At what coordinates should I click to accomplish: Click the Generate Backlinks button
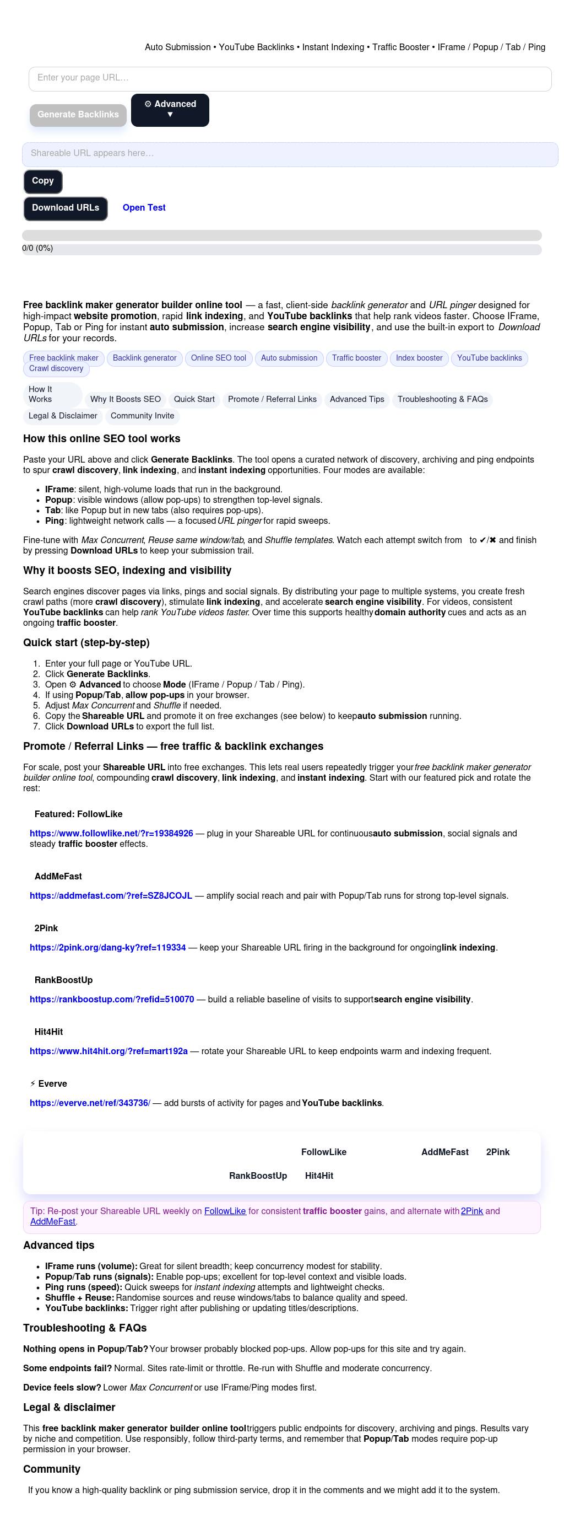coord(78,115)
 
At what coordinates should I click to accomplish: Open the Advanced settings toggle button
coord(170,110)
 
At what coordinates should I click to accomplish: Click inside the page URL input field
coord(290,78)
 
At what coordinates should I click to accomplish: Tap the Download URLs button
coord(66,208)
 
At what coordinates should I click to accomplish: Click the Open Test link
coord(144,208)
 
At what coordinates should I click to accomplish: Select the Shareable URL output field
coord(290,154)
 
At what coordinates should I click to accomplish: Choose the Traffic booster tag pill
coord(356,358)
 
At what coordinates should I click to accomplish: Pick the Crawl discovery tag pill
coord(56,369)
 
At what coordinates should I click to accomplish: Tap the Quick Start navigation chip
coord(194,399)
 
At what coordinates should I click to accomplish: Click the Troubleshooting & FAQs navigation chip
coord(442,399)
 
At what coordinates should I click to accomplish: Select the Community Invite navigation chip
coord(142,416)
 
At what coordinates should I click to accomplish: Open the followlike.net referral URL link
coord(111,833)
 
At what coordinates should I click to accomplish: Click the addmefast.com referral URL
coord(111,895)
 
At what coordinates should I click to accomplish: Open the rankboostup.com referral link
coord(112,999)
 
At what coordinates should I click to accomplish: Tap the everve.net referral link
coord(90,1103)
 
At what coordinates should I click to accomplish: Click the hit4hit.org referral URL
coord(109,1051)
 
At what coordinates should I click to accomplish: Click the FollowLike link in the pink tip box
coord(225,1211)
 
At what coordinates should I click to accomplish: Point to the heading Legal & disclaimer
coord(69,1407)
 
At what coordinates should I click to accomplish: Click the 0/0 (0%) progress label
coord(37,249)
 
